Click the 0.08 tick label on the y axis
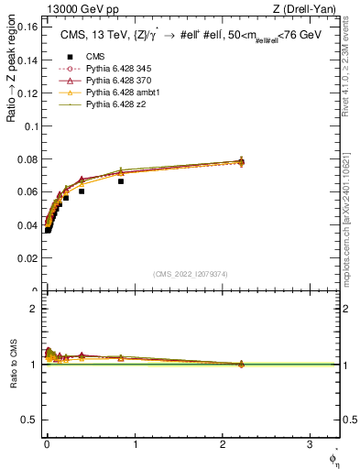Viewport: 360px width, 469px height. click(x=27, y=159)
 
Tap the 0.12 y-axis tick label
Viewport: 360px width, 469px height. click(x=27, y=93)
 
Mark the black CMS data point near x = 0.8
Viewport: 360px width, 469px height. click(x=121, y=180)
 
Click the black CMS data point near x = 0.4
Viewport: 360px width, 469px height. click(x=82, y=191)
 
